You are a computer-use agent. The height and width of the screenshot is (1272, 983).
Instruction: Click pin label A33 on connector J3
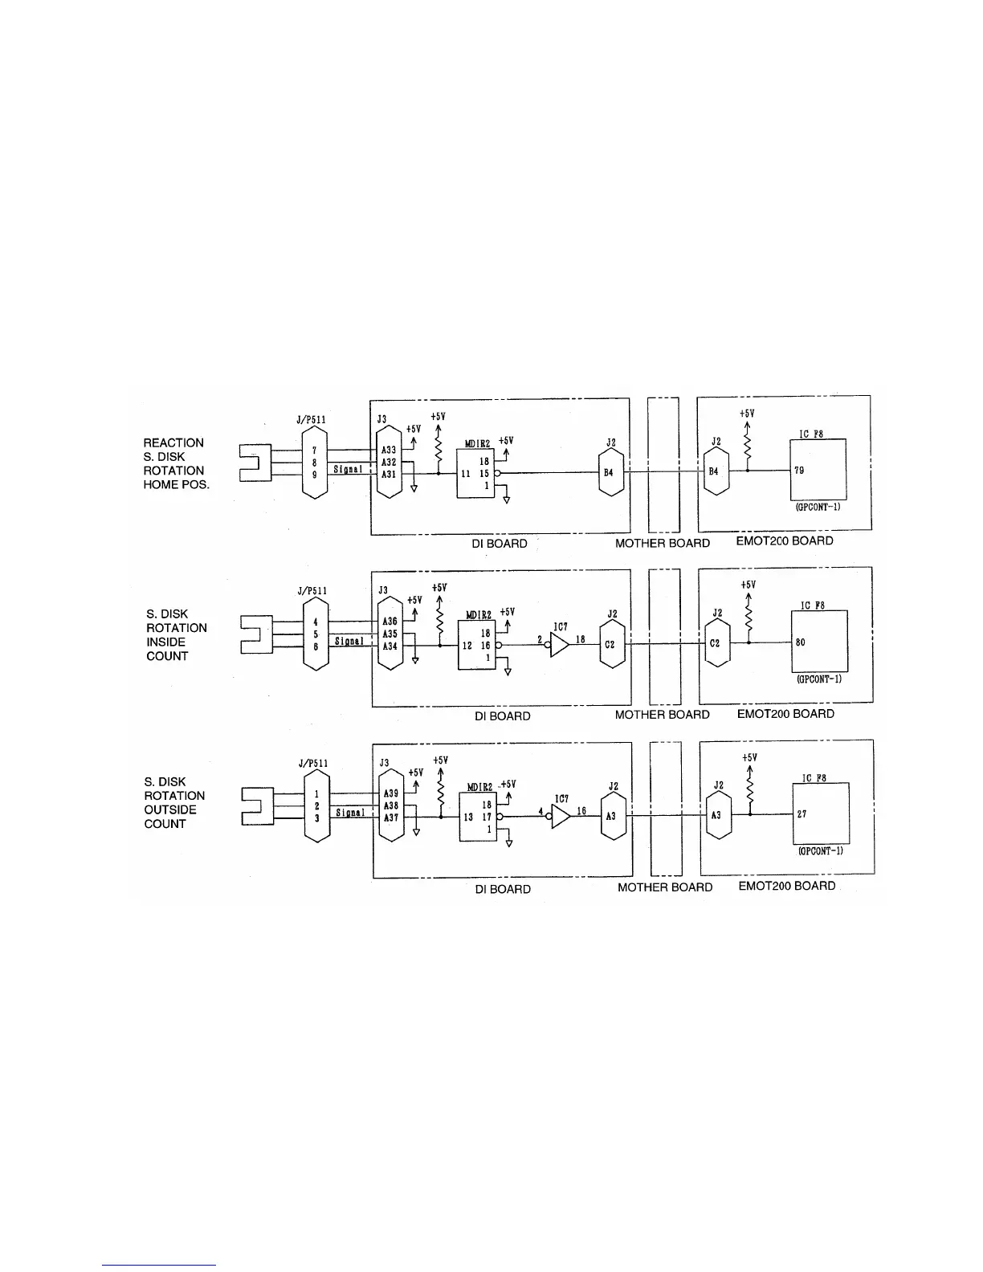click(389, 450)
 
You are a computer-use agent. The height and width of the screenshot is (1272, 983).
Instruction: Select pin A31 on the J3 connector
click(389, 475)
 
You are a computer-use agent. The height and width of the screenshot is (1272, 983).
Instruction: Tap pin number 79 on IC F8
click(799, 471)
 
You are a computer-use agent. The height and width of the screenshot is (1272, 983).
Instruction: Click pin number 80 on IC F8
click(801, 642)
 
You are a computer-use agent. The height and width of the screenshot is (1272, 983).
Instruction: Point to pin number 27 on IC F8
click(801, 813)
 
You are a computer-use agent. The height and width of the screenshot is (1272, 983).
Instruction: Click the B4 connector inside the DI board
click(609, 473)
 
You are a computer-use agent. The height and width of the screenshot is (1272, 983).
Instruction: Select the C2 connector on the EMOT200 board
click(717, 644)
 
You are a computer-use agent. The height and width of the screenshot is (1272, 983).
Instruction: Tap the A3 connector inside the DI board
click(611, 816)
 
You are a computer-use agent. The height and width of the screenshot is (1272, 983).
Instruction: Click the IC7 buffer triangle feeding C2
click(560, 644)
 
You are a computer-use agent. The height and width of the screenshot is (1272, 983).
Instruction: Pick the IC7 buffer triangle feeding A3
click(561, 816)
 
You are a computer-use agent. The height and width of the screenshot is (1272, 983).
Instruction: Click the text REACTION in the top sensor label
click(173, 442)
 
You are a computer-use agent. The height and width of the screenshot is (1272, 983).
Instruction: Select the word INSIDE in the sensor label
click(165, 642)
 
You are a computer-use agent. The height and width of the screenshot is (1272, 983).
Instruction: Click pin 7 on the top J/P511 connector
click(315, 450)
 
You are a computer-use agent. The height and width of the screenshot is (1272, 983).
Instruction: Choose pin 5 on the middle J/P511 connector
click(316, 634)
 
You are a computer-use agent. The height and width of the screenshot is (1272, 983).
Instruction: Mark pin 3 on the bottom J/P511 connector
click(316, 817)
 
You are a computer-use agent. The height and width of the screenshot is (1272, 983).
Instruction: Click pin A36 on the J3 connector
click(390, 622)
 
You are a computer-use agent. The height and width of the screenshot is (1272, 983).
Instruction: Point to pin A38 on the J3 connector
click(391, 805)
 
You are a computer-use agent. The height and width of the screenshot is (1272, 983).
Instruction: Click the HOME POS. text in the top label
click(176, 484)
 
